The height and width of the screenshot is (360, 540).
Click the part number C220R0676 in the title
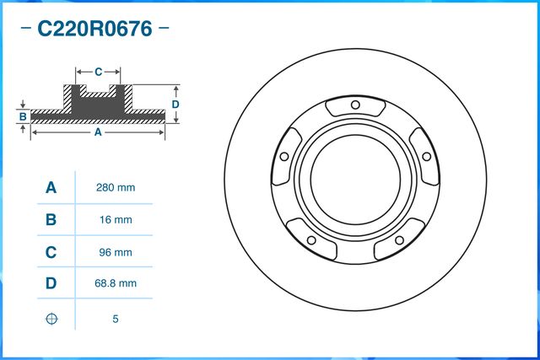94,30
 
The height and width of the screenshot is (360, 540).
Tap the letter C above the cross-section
98,72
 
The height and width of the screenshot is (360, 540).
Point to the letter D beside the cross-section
175,104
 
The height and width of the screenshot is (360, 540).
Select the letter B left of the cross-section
24,116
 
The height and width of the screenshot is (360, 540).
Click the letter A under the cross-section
97,132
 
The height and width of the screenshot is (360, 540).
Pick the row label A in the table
51,187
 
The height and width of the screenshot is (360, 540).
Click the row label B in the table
51,220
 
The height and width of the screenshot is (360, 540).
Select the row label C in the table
51,252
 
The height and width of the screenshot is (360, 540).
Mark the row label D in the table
51,284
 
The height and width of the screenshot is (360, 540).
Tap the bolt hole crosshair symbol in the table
51,319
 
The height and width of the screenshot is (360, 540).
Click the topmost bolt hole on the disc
355,105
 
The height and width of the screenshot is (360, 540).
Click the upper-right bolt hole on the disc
427,157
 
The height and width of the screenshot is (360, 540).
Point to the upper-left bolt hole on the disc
283,157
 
